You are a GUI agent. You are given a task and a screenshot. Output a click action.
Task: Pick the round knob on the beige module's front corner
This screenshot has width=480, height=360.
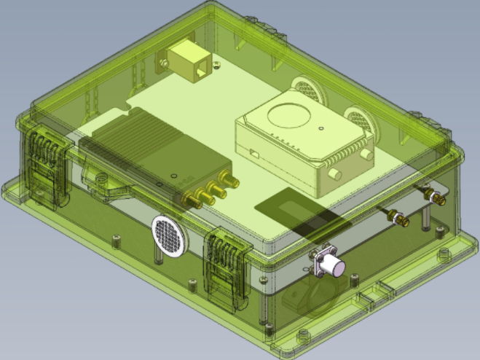(336, 175)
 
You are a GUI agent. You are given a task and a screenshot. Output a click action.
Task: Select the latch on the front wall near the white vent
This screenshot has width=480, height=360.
(227, 264)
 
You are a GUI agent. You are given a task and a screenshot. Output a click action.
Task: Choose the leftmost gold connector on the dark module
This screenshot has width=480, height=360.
(196, 200)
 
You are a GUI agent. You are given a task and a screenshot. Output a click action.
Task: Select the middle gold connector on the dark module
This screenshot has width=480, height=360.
(213, 192)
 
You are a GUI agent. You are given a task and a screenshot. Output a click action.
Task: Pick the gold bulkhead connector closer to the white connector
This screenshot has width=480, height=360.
(398, 216)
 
